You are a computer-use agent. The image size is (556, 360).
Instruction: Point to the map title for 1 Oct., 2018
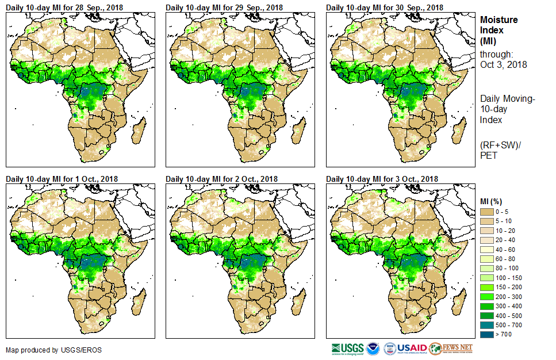62,179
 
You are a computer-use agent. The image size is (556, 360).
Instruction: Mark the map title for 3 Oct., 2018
382,179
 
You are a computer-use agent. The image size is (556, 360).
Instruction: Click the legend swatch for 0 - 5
486,212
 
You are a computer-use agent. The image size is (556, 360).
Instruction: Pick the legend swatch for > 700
486,334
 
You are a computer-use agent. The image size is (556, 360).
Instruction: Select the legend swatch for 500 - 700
486,325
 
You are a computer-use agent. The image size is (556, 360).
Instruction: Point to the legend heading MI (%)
493,201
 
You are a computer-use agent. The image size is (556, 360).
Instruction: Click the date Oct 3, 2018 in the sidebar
503,64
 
